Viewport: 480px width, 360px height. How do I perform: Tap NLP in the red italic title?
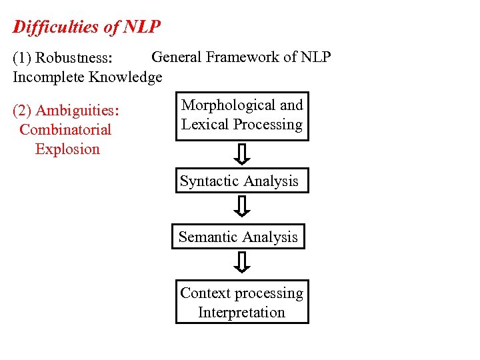142,27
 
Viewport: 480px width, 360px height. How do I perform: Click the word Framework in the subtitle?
243,57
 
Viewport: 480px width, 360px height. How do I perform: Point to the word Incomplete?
49,77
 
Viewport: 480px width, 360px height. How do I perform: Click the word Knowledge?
126,77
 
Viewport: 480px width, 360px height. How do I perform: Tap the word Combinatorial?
66,129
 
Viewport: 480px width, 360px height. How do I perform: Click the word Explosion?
67,149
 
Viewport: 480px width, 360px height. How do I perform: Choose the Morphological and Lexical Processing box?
242,115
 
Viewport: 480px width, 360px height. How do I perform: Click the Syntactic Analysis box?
242,181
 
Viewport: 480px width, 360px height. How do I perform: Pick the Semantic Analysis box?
238,237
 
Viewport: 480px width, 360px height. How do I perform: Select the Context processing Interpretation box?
242,303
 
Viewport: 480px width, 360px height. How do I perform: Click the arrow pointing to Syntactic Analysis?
243,154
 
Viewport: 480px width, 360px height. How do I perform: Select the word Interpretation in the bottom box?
241,312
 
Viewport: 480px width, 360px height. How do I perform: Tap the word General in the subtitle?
177,57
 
